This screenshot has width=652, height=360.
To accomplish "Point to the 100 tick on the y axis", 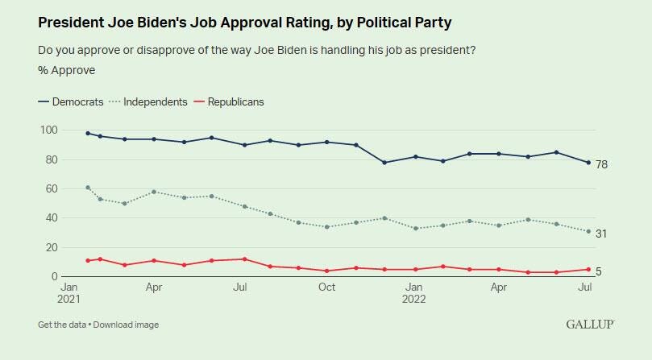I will point(48,130).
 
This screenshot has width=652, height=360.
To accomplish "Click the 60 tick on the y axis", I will point(50,188).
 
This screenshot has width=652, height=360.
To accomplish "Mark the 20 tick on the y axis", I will point(50,247).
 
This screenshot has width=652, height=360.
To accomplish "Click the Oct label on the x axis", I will point(327,287).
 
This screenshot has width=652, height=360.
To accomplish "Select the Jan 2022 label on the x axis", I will point(414,292).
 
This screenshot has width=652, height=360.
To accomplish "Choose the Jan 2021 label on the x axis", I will point(70,292).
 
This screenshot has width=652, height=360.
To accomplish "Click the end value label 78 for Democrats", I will point(601,164).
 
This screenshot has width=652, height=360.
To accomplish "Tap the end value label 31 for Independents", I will point(601,234).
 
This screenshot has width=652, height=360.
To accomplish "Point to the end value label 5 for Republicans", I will point(599,272).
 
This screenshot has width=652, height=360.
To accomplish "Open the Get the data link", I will point(63,325).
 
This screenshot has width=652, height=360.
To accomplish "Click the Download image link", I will point(126,325).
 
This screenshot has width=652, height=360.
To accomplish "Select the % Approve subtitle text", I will point(66,70).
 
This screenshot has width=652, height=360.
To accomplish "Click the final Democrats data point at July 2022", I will point(588,163).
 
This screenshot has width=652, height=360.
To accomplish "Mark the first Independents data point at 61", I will point(88,187).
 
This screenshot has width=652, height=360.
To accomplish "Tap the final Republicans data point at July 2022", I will point(588,269).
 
